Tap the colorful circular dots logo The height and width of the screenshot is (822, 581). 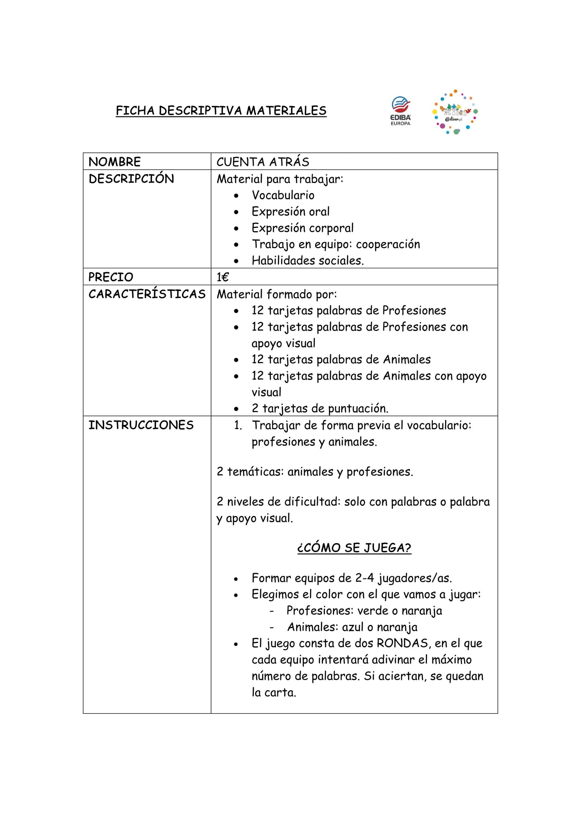455,112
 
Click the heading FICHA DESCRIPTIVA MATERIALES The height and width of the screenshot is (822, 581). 221,111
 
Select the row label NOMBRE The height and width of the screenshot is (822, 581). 115,162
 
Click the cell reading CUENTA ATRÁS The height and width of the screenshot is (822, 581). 263,162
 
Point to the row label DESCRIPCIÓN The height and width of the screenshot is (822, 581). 131,179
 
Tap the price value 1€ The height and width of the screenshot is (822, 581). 222,277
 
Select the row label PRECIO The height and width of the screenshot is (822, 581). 111,277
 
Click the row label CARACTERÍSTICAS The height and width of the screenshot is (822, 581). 147,294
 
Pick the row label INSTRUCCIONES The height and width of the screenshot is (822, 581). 141,425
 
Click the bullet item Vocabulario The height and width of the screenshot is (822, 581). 283,195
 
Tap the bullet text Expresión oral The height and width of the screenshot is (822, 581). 290,212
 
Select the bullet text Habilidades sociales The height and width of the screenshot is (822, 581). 308,261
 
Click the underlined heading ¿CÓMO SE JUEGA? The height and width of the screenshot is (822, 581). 354,548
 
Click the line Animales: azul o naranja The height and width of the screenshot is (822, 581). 352,627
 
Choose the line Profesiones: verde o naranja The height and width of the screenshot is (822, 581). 364,610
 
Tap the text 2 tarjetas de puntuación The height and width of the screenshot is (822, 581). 320,409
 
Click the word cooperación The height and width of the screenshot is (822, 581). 388,244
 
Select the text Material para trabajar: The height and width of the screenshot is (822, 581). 280,179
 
